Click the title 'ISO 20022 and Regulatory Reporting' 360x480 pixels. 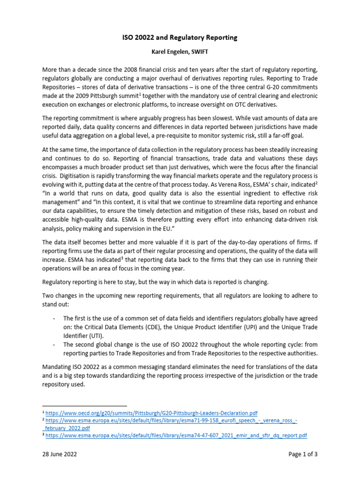pos(180,37)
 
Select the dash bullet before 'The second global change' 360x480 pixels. pos(54,345)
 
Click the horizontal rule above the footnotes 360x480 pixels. pos(84,405)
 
